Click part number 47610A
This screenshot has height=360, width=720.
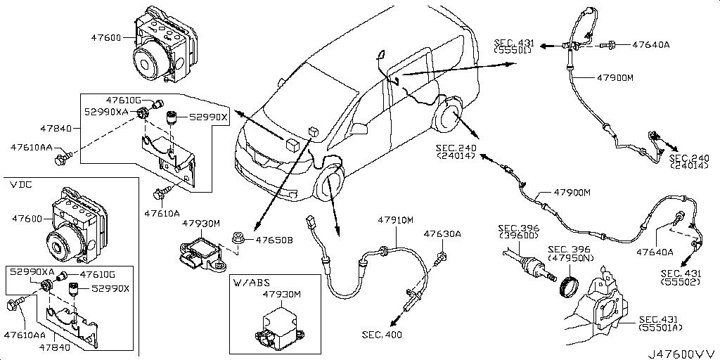(162, 212)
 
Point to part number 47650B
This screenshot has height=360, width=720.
(274, 240)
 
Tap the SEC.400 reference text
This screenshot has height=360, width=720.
(383, 334)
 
